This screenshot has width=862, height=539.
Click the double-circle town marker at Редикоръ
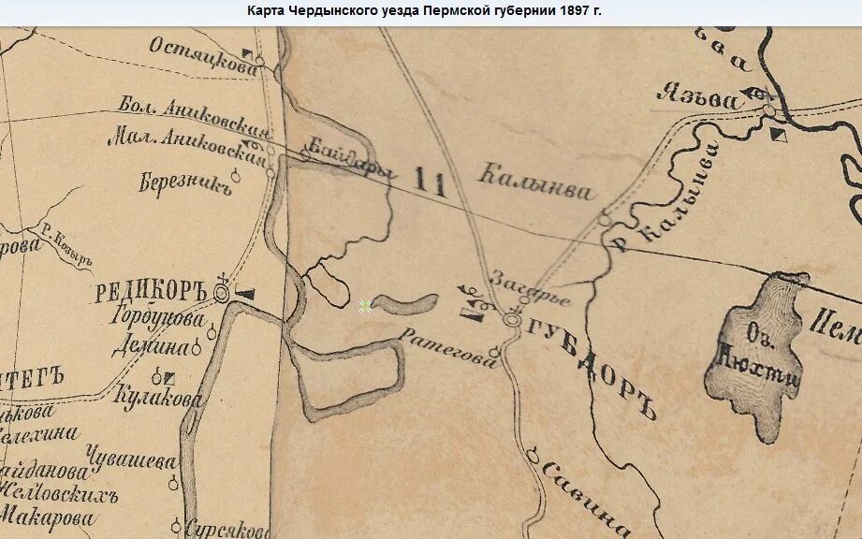tap(222, 293)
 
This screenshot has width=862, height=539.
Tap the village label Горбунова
tap(162, 318)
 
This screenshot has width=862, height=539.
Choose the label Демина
tap(151, 347)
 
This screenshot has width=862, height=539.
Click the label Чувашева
tap(130, 461)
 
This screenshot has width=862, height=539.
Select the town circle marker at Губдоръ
tap(511, 320)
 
